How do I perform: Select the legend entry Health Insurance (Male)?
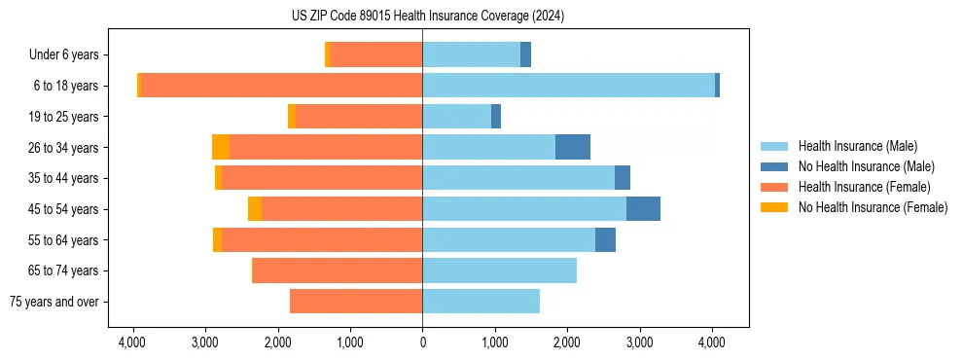pos(857,146)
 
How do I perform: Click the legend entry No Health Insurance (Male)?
pos(866,166)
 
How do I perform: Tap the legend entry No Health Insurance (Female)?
pos(873,207)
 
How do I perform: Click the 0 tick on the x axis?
pos(422,342)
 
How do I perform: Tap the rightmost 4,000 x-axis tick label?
pos(711,342)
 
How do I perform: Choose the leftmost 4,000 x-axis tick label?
pos(133,342)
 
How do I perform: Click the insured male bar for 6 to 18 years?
pos(568,86)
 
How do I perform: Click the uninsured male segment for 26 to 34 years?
pos(573,147)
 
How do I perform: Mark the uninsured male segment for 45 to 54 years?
pos(643,209)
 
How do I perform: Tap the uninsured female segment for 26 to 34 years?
pos(221,147)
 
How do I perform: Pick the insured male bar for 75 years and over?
pos(481,302)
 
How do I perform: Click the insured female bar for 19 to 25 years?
pos(359,117)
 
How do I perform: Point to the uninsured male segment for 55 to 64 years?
pos(605,239)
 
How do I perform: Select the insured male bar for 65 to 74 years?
pos(499,270)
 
